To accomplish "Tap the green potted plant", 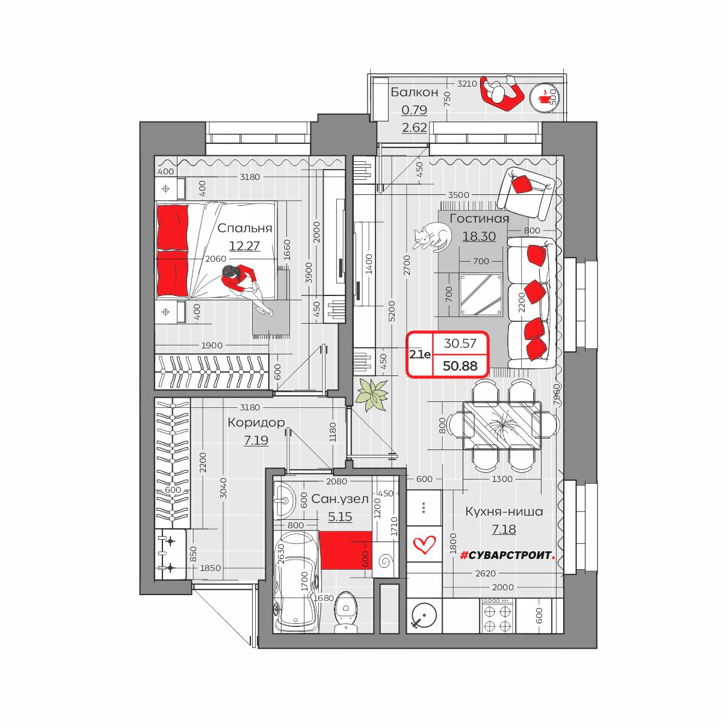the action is [372, 395].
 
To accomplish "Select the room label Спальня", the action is [244, 228].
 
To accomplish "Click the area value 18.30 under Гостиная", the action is [479, 236].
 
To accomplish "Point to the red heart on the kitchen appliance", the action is [424, 544].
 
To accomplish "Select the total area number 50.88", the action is [460, 366].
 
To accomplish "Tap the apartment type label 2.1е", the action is [420, 354].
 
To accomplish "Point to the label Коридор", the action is [256, 422].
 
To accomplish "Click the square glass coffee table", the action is [481, 295].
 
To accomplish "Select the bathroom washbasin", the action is [285, 500].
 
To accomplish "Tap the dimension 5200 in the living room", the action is [392, 311].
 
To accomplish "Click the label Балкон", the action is [415, 92].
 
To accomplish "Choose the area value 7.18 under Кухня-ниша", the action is [504, 529].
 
